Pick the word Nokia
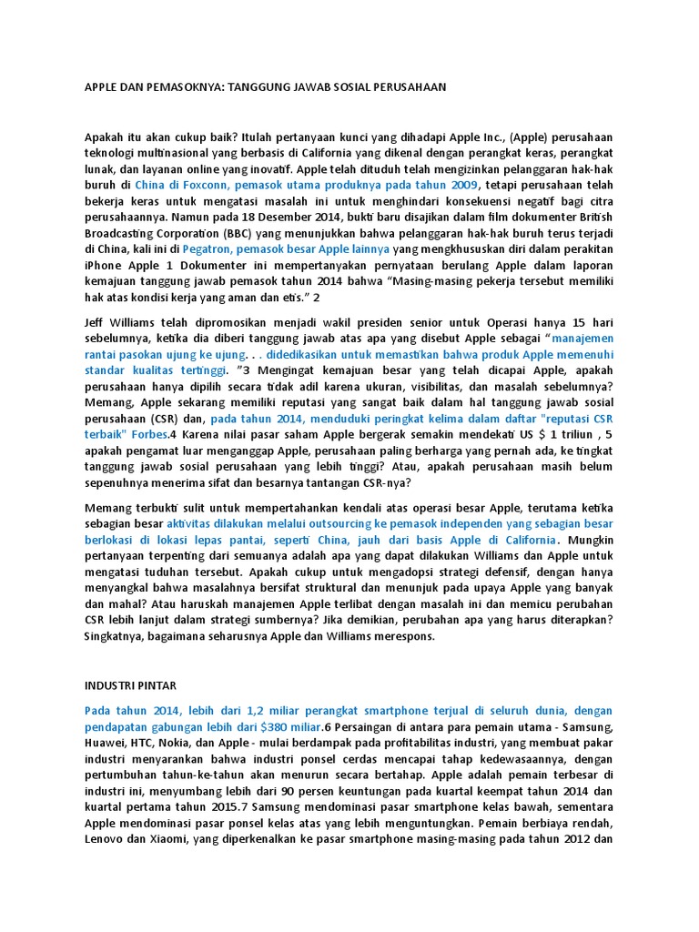185,743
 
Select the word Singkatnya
119,636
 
